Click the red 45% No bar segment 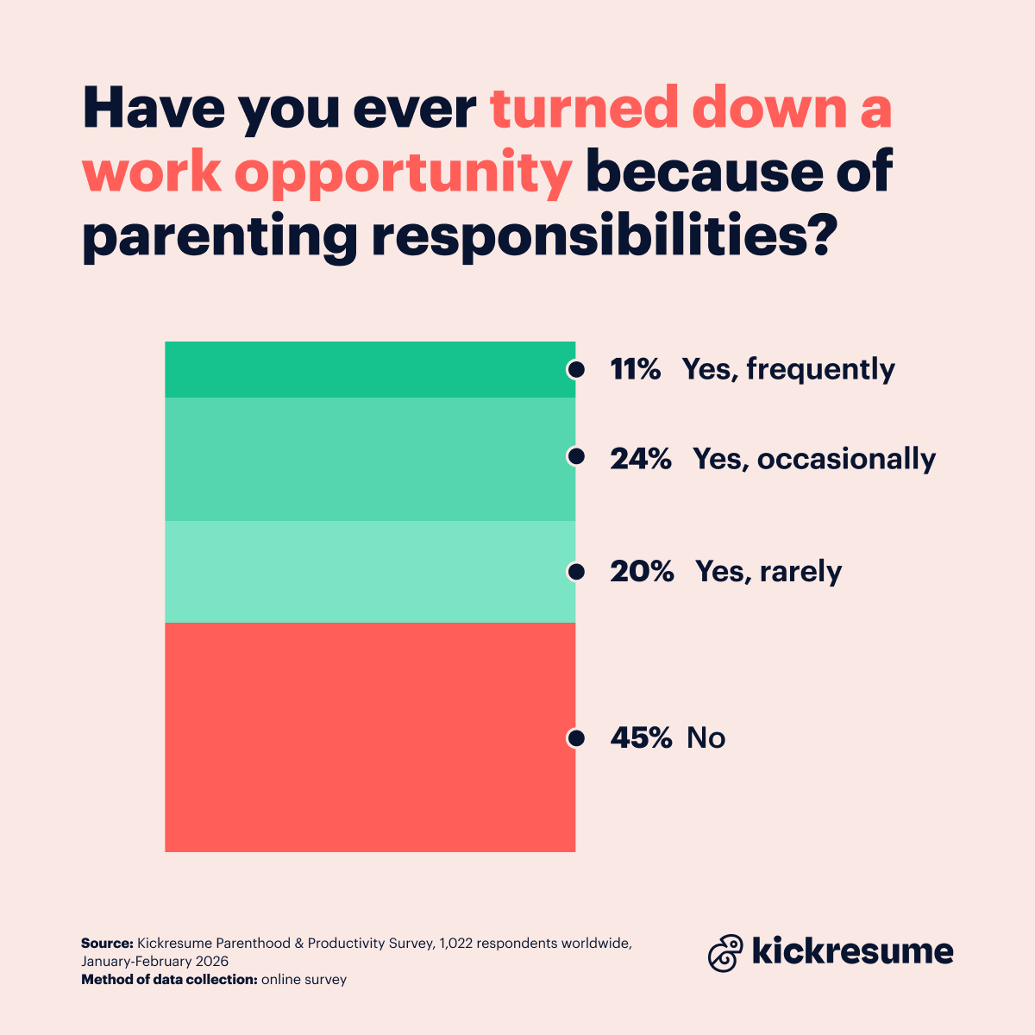pyautogui.click(x=369, y=737)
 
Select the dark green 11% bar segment pyautogui.click(x=369, y=369)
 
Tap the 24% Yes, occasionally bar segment pyautogui.click(x=369, y=459)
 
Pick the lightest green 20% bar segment pyautogui.click(x=369, y=572)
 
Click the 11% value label pyautogui.click(x=635, y=369)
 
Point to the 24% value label pyautogui.click(x=640, y=459)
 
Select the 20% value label pyautogui.click(x=641, y=572)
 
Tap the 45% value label pyautogui.click(x=640, y=738)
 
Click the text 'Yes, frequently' pyautogui.click(x=788, y=369)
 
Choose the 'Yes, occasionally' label pyautogui.click(x=814, y=459)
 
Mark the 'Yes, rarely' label pyautogui.click(x=768, y=572)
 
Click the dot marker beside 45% pyautogui.click(x=575, y=738)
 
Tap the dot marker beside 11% pyautogui.click(x=575, y=369)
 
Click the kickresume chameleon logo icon pyautogui.click(x=725, y=952)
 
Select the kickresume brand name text pyautogui.click(x=853, y=951)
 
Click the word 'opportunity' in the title pyautogui.click(x=403, y=173)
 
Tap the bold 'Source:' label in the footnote pyautogui.click(x=107, y=944)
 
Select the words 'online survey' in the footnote pyautogui.click(x=304, y=980)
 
